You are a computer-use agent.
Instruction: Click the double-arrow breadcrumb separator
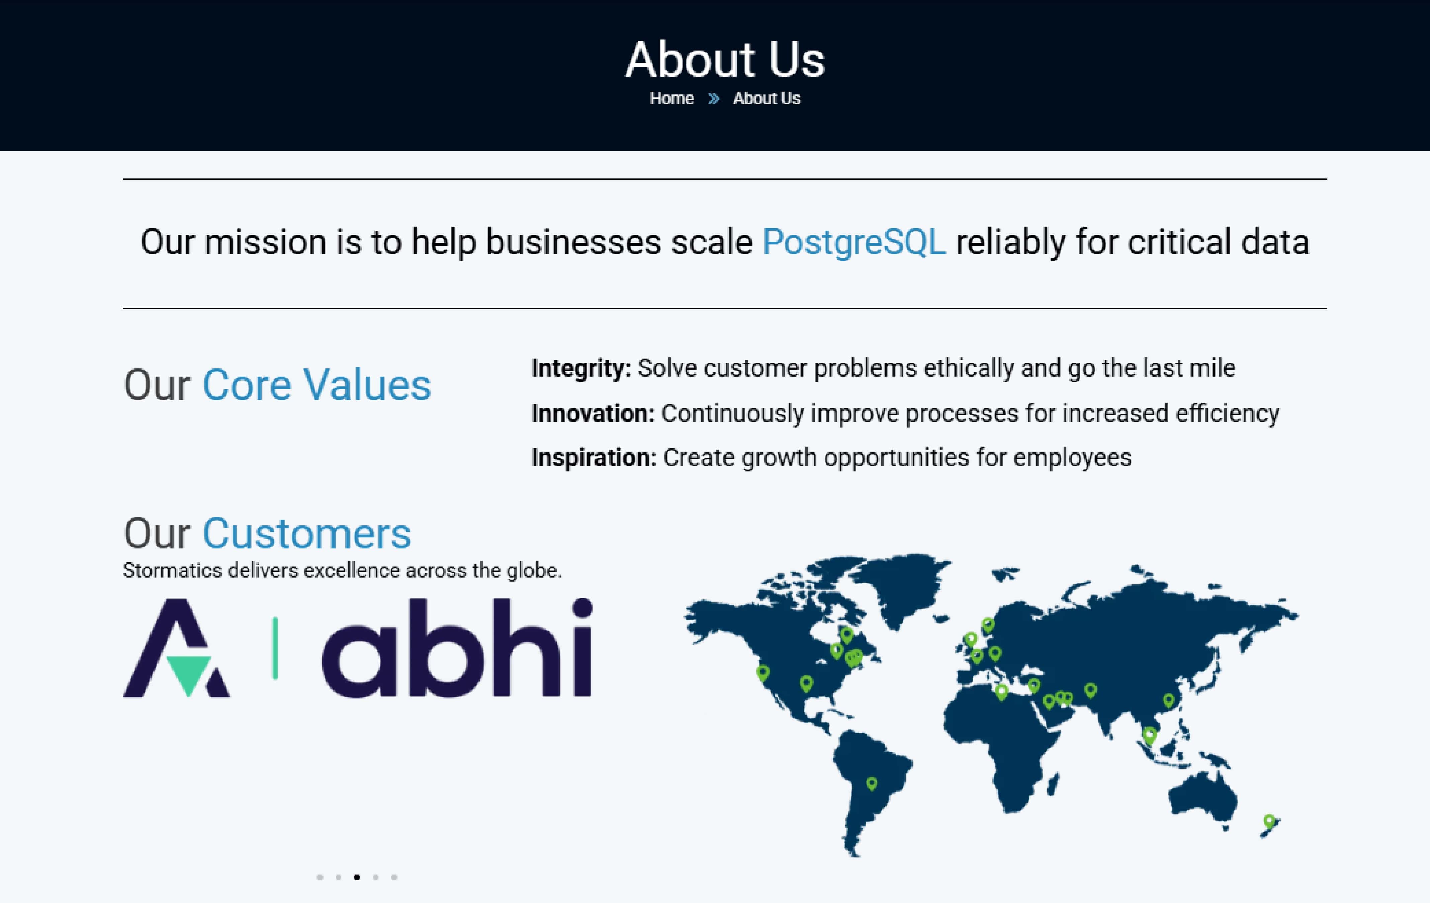click(713, 99)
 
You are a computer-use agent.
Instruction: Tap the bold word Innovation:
click(593, 413)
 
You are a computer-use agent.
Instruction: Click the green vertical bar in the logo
click(275, 648)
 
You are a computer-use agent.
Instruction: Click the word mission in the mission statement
click(265, 242)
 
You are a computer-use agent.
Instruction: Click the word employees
click(1073, 458)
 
